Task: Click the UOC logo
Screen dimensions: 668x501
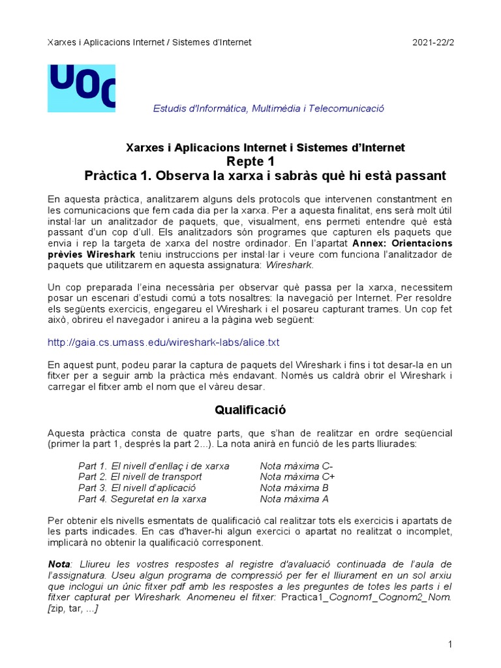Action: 82,87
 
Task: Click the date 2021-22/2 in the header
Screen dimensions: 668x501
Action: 433,42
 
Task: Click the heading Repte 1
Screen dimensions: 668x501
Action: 250,162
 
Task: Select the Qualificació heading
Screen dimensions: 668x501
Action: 250,410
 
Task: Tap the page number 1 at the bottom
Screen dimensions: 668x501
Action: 450,645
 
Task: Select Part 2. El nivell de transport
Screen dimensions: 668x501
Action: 140,477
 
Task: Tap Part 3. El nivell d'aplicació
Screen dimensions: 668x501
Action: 137,488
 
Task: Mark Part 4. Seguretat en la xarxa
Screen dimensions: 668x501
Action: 142,499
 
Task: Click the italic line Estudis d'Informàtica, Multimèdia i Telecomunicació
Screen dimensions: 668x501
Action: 268,108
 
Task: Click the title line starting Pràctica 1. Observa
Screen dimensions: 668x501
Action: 266,176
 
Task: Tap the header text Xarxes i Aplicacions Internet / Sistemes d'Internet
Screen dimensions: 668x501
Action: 149,42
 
